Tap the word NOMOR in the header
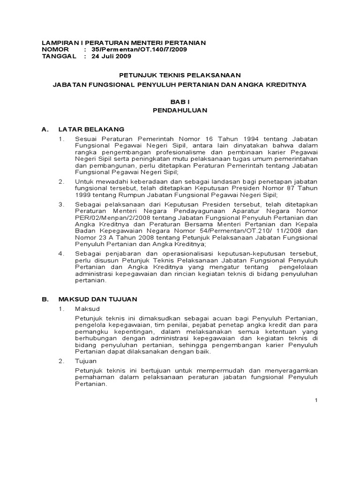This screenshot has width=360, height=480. [x=55, y=50]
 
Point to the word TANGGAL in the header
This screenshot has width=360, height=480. [x=58, y=56]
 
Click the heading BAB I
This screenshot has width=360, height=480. [x=180, y=102]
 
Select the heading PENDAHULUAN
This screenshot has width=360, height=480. [x=180, y=111]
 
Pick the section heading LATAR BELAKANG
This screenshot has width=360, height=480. [x=91, y=128]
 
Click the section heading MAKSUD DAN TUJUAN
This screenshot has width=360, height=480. [x=97, y=299]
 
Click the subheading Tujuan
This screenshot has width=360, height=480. [x=86, y=361]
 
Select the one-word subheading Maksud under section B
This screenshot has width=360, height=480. [x=87, y=309]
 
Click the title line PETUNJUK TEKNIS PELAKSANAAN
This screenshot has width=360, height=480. [x=180, y=75]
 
